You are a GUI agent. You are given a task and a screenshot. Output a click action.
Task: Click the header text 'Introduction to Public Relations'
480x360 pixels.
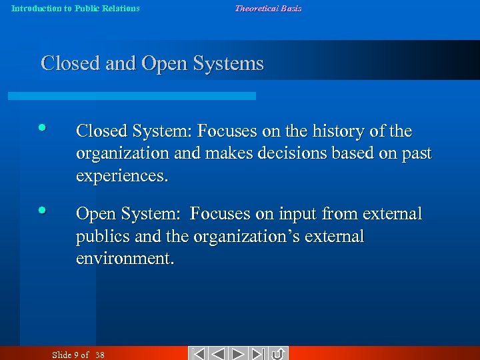click(x=75, y=9)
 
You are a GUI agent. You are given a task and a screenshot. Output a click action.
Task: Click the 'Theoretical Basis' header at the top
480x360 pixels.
click(x=268, y=9)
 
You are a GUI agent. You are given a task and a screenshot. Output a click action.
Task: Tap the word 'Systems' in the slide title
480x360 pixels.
click(x=229, y=64)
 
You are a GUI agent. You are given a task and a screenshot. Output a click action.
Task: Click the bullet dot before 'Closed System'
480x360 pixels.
click(x=42, y=127)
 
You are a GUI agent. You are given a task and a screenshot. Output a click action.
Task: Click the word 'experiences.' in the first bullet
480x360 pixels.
click(x=122, y=175)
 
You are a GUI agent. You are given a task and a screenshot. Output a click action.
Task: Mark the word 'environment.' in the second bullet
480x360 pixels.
click(x=125, y=259)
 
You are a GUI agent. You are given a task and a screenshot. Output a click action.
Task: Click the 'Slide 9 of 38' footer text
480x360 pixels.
click(x=78, y=355)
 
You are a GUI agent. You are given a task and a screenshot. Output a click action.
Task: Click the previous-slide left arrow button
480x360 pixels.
click(x=218, y=353)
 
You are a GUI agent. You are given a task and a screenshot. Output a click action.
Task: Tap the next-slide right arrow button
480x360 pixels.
click(x=239, y=353)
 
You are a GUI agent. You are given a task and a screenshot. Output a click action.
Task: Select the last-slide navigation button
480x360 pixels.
click(x=259, y=353)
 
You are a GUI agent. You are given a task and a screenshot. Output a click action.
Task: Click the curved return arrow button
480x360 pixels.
click(x=279, y=353)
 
